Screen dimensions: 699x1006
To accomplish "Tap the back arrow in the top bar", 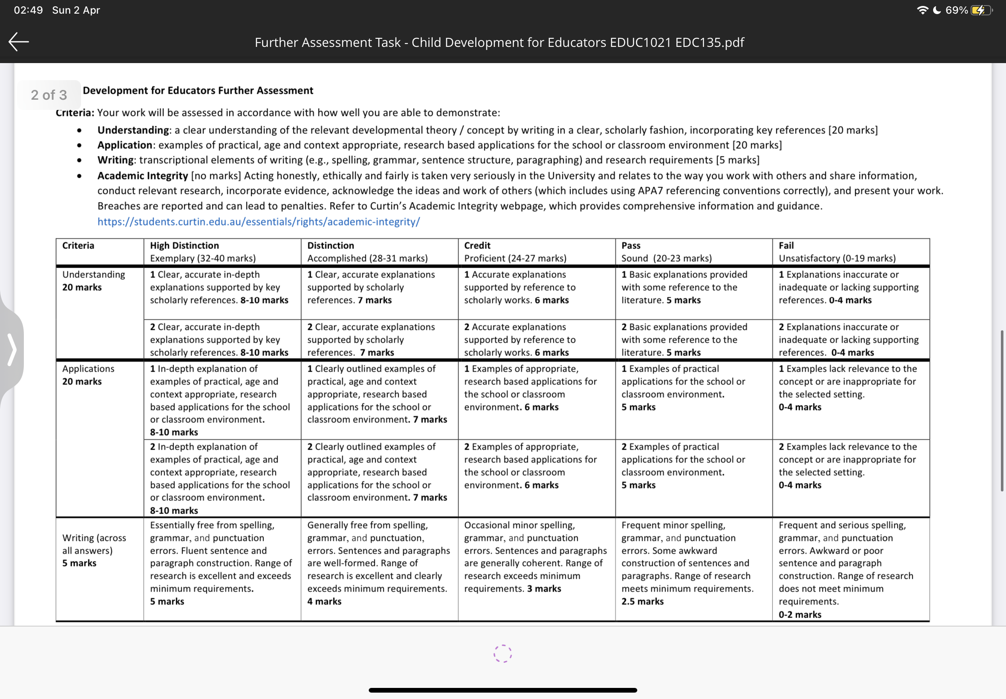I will (18, 42).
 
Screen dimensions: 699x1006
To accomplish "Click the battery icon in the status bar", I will (980, 10).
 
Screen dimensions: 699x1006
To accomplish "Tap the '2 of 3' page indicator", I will (49, 95).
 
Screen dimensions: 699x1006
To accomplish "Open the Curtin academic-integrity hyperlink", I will (258, 222).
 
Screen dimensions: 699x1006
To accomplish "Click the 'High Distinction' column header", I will (185, 245).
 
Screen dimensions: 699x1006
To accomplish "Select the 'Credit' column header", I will (477, 245).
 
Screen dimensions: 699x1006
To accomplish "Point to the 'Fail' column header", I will (786, 245).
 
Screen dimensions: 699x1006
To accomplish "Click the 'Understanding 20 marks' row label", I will (93, 281).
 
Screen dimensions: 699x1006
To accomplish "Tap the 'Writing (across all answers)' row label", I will (94, 544).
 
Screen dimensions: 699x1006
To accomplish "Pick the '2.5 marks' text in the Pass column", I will (642, 601).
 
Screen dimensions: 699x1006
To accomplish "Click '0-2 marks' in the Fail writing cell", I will (800, 614).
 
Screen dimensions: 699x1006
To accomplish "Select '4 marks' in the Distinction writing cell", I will (324, 601).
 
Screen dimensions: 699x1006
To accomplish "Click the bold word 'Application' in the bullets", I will (124, 145).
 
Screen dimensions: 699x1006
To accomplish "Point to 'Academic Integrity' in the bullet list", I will (142, 176).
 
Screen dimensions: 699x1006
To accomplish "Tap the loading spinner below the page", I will (502, 653).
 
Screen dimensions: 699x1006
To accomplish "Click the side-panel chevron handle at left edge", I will (12, 349).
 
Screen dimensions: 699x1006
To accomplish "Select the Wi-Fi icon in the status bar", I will (922, 10).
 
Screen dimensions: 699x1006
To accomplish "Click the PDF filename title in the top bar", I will (499, 42).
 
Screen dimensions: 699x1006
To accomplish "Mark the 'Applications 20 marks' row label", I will (88, 375).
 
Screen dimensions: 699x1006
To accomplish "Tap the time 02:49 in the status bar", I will (28, 10).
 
